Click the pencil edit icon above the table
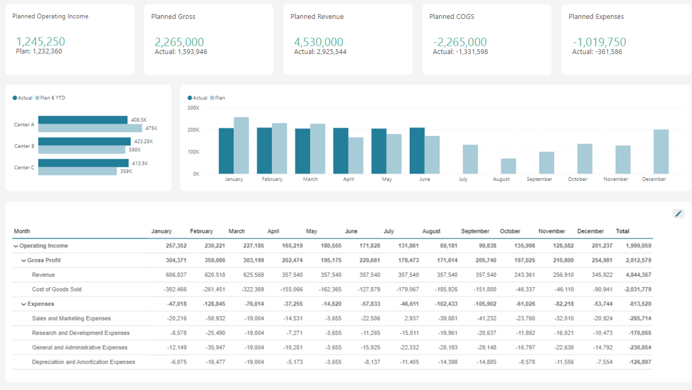[x=678, y=214]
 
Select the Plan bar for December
[x=661, y=151]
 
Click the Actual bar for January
[x=226, y=151]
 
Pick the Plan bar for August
[x=508, y=166]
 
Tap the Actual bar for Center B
[x=84, y=142]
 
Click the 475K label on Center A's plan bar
[x=151, y=128]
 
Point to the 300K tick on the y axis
[x=194, y=108]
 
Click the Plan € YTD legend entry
[x=52, y=98]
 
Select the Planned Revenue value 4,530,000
[x=318, y=42]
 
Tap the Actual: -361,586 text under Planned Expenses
[x=597, y=52]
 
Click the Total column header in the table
[x=622, y=231]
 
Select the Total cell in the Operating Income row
[x=638, y=246]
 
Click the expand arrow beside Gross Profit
[x=24, y=260]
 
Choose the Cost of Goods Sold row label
[x=57, y=289]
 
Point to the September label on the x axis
[x=539, y=179]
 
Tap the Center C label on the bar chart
[x=24, y=168]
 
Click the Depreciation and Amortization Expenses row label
[x=83, y=362]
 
